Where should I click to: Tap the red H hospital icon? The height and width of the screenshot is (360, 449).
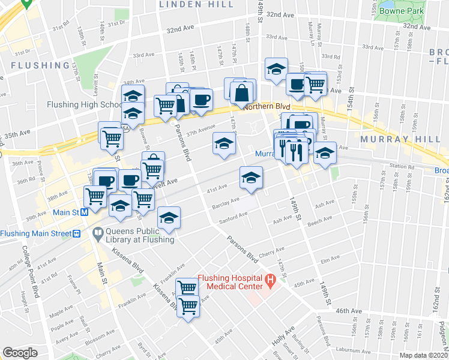[x=270, y=279]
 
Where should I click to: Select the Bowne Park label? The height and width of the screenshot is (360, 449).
[x=406, y=11]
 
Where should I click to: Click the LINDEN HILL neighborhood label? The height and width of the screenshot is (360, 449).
[x=188, y=4]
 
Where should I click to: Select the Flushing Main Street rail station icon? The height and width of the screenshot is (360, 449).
[x=76, y=234]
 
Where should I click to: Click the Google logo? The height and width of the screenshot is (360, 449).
[x=20, y=353]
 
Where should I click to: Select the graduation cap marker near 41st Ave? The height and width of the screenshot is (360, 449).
[x=251, y=177]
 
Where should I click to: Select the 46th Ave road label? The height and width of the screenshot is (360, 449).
[x=349, y=311]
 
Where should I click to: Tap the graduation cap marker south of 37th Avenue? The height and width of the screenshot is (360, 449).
[x=224, y=144]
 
